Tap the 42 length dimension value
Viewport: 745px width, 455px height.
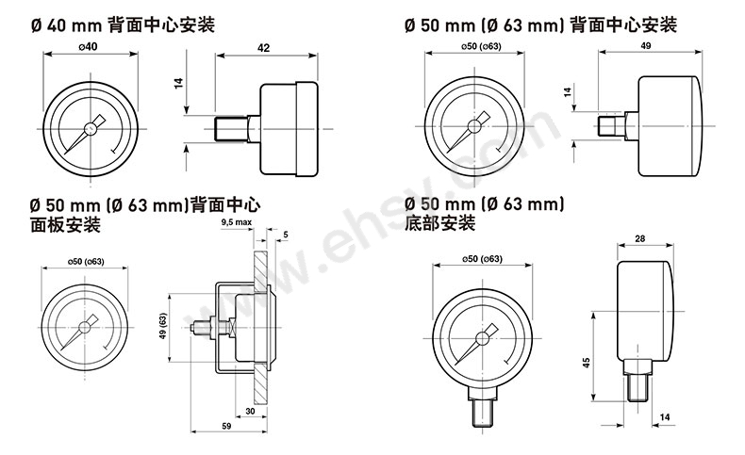(x=263, y=48)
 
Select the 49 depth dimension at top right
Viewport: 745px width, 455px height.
(x=646, y=45)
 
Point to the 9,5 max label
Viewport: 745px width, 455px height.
(x=237, y=222)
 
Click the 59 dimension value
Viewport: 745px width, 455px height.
(x=226, y=426)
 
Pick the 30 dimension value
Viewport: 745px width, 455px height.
(x=251, y=411)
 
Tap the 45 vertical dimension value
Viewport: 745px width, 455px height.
(x=587, y=363)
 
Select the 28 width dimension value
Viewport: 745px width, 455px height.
(x=640, y=238)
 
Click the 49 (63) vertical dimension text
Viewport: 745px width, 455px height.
(x=163, y=326)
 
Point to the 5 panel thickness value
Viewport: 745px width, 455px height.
(x=286, y=235)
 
